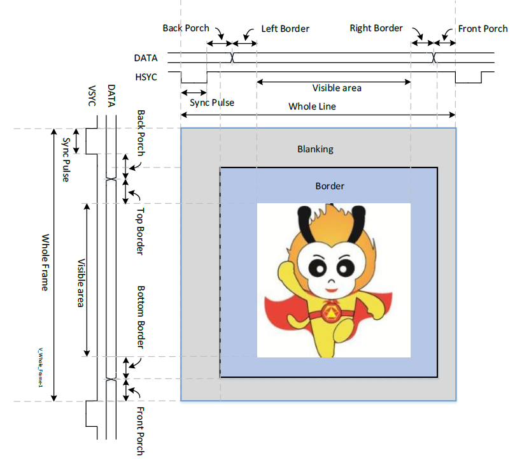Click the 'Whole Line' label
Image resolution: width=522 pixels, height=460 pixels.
click(x=312, y=106)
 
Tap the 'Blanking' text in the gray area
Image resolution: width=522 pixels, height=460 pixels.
click(x=315, y=149)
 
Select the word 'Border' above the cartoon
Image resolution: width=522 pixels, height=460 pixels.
click(x=330, y=186)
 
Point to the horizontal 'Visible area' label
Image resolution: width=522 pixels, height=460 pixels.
click(x=337, y=88)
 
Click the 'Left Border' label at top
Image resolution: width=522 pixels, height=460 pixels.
click(x=285, y=29)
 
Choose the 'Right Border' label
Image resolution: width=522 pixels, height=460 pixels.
click(x=376, y=28)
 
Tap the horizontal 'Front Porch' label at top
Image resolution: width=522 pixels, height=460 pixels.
click(x=483, y=29)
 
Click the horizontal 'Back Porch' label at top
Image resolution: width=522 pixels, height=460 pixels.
click(x=185, y=28)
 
